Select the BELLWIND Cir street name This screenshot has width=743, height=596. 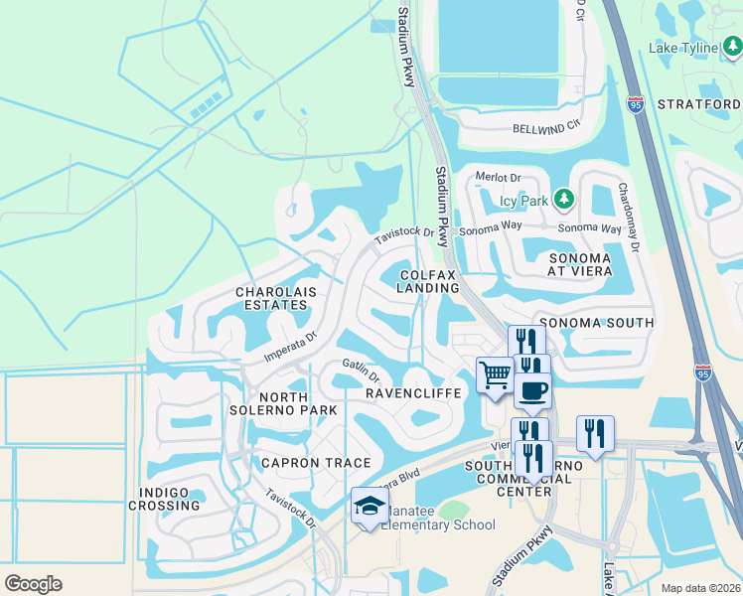tap(545, 128)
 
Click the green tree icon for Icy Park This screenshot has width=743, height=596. tap(564, 200)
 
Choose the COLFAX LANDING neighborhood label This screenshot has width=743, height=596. tap(429, 280)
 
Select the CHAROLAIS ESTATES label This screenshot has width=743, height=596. tap(271, 298)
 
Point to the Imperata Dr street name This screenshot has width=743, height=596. tap(289, 345)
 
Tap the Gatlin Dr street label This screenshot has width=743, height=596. tap(361, 371)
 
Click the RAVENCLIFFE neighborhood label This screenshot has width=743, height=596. tap(413, 394)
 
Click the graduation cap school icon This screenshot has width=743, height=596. tap(370, 507)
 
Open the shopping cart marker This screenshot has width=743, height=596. tap(495, 375)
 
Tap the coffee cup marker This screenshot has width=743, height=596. tap(532, 389)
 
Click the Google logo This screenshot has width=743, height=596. tap(34, 584)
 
